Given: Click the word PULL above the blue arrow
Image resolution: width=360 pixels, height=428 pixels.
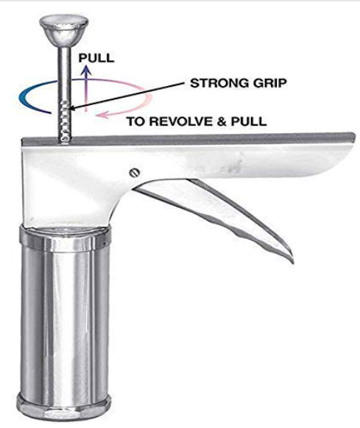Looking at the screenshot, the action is point(96,58).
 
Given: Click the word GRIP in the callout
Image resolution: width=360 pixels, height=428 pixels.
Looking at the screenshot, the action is point(269,83).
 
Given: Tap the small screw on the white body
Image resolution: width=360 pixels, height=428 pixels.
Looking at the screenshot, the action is point(135,173).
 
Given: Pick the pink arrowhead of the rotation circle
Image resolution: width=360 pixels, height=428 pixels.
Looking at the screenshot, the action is point(100,115).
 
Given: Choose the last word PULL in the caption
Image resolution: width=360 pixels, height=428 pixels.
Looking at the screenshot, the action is point(249,121).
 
